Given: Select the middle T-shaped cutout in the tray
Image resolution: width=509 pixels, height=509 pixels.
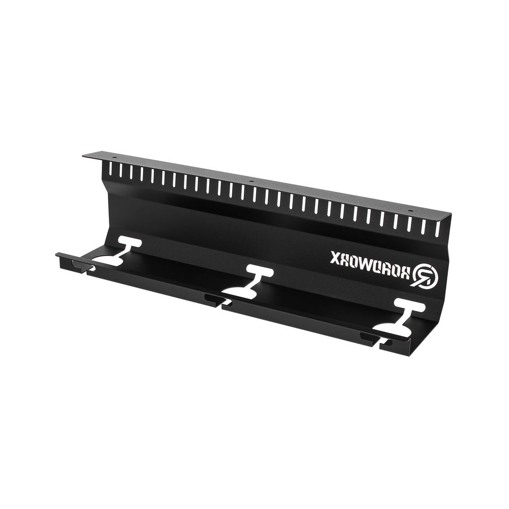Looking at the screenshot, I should point(251,281).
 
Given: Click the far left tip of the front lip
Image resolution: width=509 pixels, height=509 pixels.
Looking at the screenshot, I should point(57,254).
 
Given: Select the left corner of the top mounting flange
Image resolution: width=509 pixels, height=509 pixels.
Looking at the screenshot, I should point(83,155).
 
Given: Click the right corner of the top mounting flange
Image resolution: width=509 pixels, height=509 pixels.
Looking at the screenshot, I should point(452,217).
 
